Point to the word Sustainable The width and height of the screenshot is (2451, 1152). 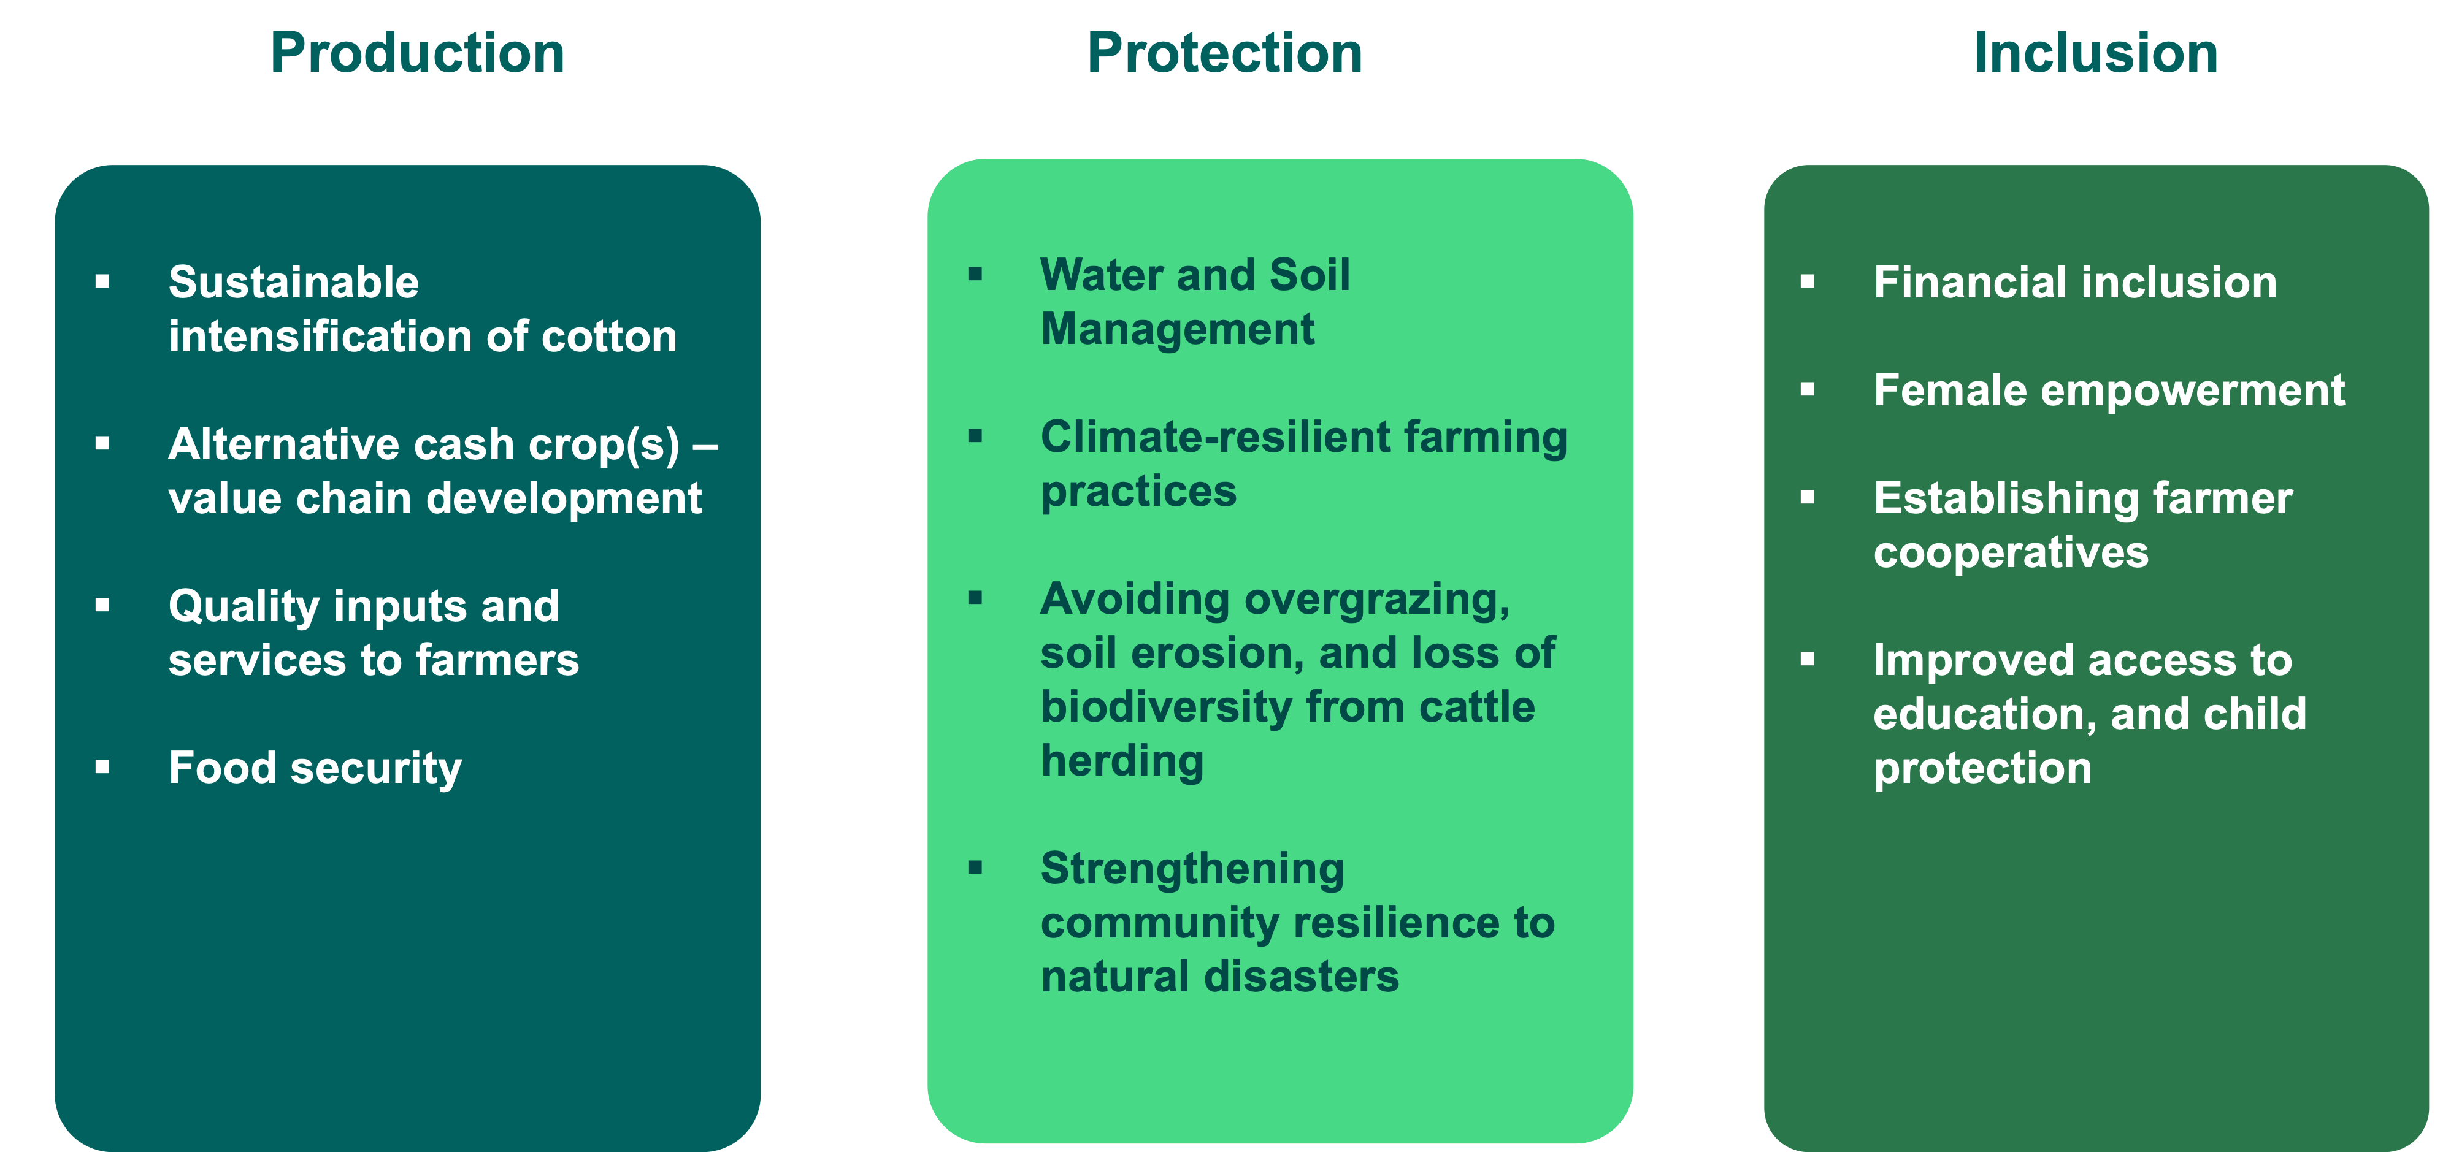coord(294,283)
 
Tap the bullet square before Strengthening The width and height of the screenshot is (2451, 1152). coord(974,868)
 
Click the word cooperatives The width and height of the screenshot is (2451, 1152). coord(2011,552)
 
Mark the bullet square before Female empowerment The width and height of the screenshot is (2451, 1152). coord(1808,389)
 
